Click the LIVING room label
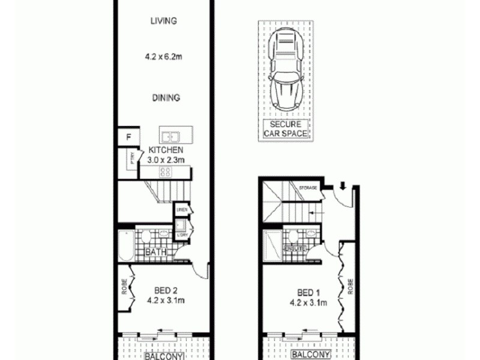pos(164,21)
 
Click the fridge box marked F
pos(128,137)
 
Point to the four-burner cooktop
pos(164,172)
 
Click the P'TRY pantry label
pos(131,159)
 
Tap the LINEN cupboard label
pos(182,209)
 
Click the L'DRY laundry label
pos(182,235)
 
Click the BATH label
pos(157,253)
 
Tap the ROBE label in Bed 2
pos(124,287)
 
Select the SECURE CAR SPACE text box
pos(286,129)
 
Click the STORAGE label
pos(308,188)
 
